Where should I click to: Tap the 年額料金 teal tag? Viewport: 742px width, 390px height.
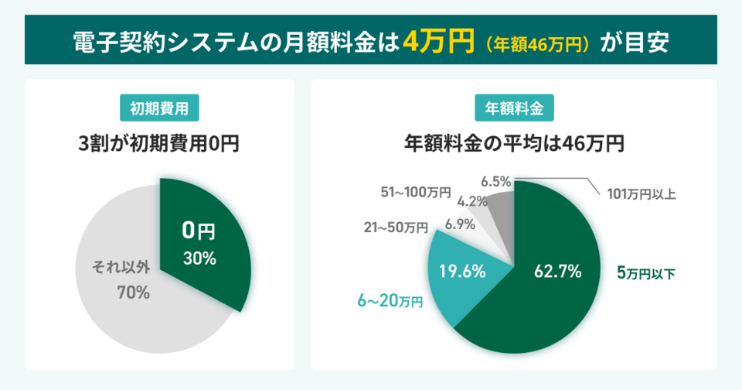pos(514,108)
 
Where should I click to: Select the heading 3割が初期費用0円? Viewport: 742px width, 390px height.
pos(159,144)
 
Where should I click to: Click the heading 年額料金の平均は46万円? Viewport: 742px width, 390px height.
pos(514,144)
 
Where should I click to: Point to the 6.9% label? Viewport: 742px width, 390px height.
pos(460,224)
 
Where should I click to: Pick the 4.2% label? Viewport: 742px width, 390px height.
pos(472,202)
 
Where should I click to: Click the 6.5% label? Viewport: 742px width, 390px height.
pos(495,182)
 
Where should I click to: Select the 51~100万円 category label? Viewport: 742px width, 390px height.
pos(416,193)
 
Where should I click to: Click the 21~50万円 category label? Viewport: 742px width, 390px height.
pos(396,227)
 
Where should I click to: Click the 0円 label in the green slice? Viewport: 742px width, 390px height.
pos(198,231)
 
